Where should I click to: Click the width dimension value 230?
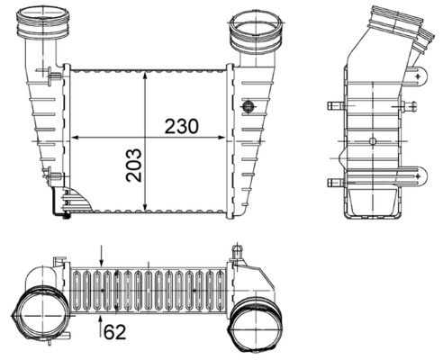[180, 126]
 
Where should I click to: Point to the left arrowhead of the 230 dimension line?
[75, 138]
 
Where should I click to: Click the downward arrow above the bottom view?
[102, 261]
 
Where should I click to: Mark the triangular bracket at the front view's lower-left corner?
[72, 203]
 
